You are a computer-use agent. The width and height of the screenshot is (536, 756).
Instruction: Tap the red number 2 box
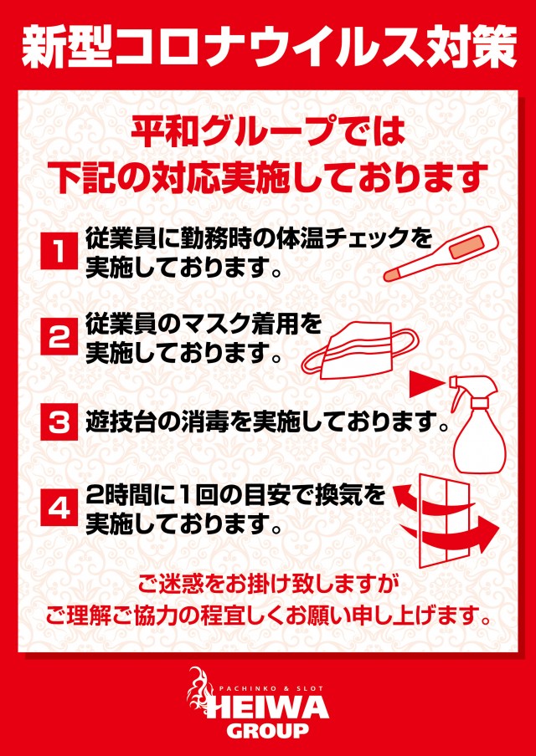[59, 337]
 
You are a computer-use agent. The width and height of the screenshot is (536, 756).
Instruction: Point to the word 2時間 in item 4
[123, 496]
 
